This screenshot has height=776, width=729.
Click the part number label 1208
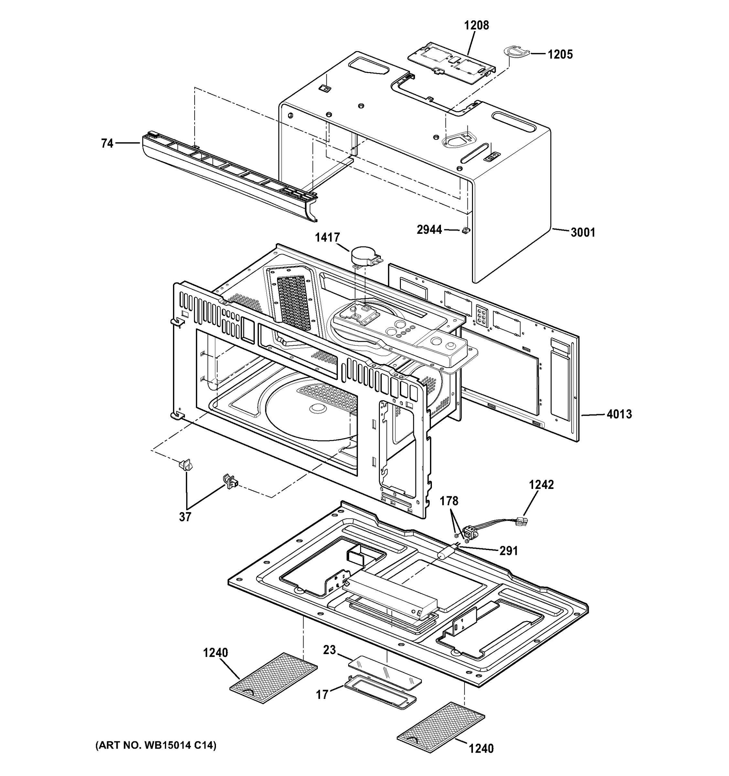point(476,26)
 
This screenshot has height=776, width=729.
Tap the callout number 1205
point(560,54)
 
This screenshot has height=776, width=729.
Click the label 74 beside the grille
point(107,144)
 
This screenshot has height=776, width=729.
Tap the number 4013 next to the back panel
point(619,414)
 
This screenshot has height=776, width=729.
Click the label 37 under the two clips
point(185,517)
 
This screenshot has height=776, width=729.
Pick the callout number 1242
point(541,484)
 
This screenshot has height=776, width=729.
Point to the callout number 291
point(509,551)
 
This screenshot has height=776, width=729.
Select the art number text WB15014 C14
point(156,746)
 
